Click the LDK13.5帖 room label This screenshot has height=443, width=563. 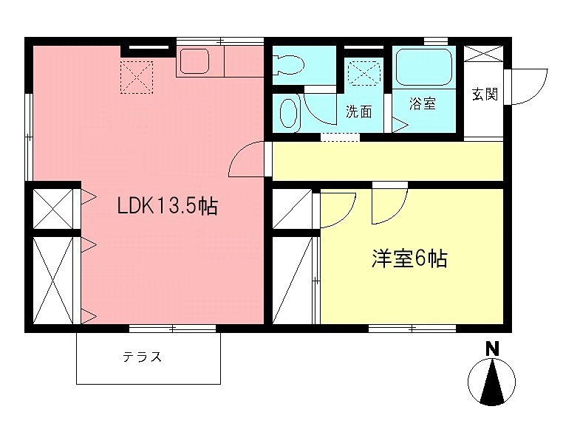tap(167, 206)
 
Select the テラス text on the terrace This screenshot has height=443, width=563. tap(142, 358)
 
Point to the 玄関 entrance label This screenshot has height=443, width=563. tap(485, 94)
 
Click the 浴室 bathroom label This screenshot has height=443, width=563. tap(423, 104)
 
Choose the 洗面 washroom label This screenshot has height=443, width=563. tap(358, 111)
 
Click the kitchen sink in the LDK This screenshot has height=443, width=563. tap(195, 62)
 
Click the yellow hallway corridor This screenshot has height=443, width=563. tap(388, 162)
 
